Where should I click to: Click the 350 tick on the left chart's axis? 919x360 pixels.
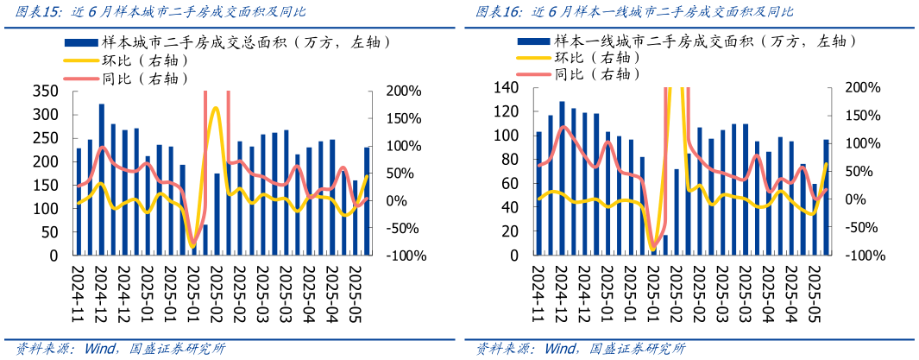[x=44, y=92]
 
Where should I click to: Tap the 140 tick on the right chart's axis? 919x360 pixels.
[x=506, y=88]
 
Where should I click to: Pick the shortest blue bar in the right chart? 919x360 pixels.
[x=654, y=252]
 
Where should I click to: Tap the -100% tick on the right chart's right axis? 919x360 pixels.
[x=863, y=256]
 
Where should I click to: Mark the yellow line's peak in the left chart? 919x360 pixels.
[x=215, y=108]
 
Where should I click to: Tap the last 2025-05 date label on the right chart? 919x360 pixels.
[x=814, y=292]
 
